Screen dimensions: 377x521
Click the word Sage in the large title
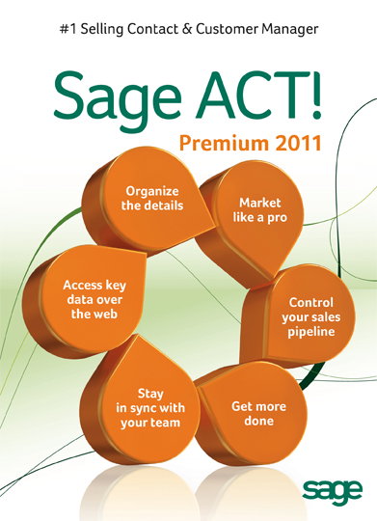117,99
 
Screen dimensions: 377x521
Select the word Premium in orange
224,143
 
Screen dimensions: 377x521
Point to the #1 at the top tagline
68,29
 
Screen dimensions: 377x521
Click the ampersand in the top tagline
187,29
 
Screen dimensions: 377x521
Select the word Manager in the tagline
289,30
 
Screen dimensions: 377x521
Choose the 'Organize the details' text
152,199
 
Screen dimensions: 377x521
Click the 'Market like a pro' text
259,210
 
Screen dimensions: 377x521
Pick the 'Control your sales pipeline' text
310,317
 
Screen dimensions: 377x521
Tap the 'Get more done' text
258,413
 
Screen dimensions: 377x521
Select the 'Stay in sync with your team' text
150,408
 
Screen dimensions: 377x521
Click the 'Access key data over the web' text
94,299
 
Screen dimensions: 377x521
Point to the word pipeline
310,332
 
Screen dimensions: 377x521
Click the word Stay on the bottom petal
150,394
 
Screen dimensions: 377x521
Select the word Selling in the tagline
102,30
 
